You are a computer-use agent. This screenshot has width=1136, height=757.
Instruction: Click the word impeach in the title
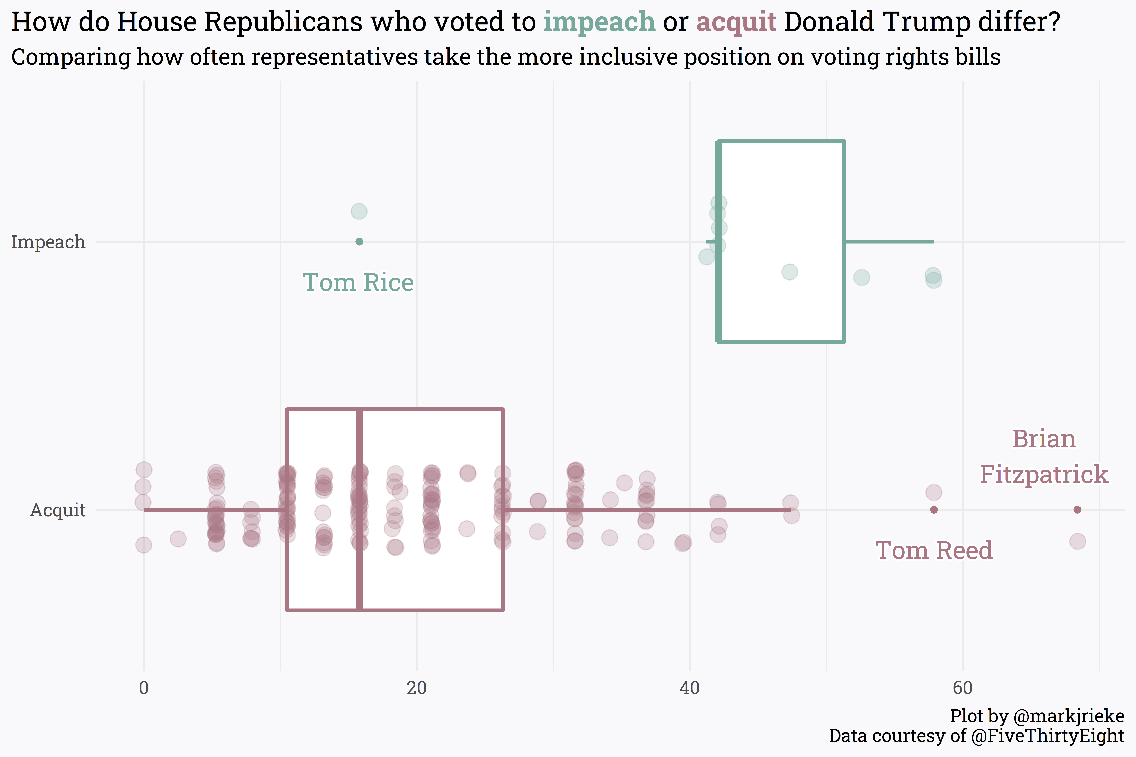(599, 22)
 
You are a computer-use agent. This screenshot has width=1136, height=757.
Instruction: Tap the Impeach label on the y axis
(48, 242)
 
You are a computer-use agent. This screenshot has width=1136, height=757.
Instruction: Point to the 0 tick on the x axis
(143, 688)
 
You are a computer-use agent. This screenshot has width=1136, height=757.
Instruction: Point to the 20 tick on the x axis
(416, 688)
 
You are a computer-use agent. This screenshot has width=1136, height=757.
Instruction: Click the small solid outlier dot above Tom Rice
(359, 241)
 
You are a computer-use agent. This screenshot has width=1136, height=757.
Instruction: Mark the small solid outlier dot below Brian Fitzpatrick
(1077, 510)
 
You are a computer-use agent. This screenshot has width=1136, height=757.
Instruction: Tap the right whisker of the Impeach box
(889, 241)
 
